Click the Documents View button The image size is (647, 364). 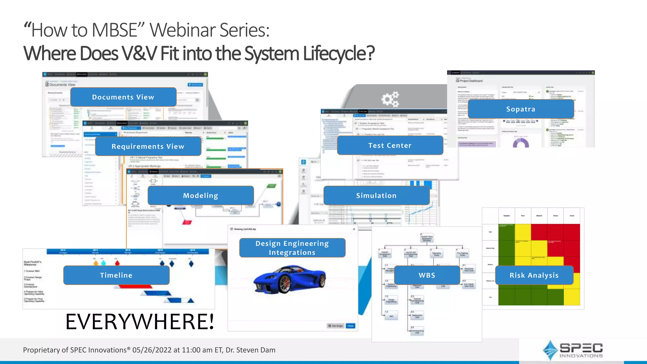point(123,97)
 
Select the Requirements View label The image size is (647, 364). point(148,146)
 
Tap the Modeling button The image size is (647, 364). point(201,196)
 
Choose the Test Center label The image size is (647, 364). point(390,145)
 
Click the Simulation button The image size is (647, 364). point(376,196)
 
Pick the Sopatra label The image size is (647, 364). point(521,109)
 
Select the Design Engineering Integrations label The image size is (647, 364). point(292,248)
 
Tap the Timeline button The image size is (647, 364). point(116,275)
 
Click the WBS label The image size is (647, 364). point(427,275)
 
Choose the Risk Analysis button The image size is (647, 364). point(534,275)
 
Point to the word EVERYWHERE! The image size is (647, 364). point(140,322)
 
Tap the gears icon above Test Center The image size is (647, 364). point(390,99)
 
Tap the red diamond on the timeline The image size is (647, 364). point(117,263)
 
